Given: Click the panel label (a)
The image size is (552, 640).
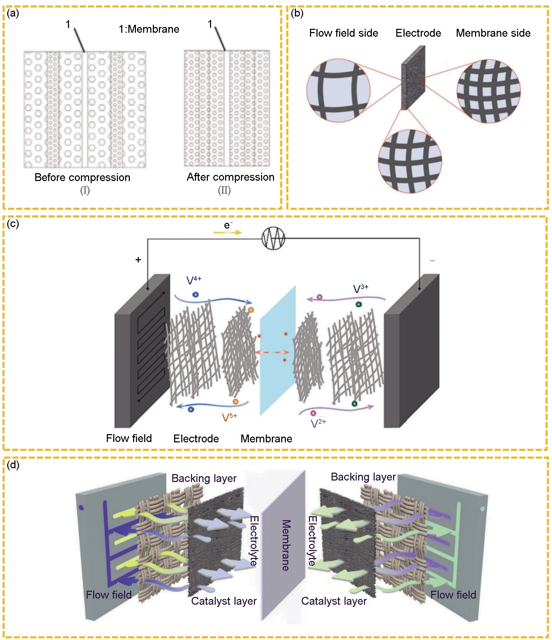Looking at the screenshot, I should [x=13, y=14].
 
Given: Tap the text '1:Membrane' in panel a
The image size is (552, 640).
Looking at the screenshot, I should [x=149, y=29].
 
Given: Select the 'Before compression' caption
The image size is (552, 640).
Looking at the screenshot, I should [x=82, y=177].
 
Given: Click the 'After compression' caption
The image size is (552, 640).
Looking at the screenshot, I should [x=231, y=177].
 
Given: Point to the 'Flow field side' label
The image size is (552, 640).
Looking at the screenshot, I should [x=343, y=33].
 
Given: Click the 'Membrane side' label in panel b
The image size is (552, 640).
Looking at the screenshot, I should [x=493, y=33].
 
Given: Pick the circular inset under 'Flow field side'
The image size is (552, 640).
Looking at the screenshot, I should [x=338, y=90].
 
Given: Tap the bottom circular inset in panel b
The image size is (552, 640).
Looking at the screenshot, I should [x=410, y=161].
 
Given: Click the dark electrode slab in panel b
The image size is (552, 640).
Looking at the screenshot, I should [x=413, y=77].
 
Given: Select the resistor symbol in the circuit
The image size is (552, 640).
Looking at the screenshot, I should [x=273, y=238].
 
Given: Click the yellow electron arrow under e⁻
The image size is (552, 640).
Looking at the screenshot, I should [x=228, y=233].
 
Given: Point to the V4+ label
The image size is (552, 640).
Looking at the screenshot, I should [x=193, y=280].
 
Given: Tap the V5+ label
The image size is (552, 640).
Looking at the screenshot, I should [x=229, y=417].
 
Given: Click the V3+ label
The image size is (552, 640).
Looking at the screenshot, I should [x=360, y=288].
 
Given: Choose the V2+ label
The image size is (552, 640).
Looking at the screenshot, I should [x=318, y=423].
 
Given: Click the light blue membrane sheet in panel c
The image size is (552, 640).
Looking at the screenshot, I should [x=278, y=351].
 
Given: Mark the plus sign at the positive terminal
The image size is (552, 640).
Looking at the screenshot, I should [x=138, y=260].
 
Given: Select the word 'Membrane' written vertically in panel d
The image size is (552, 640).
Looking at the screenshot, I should [x=286, y=545].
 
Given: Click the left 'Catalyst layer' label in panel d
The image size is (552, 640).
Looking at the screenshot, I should [x=224, y=601].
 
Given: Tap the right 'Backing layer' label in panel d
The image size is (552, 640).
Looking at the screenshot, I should [x=363, y=477].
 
